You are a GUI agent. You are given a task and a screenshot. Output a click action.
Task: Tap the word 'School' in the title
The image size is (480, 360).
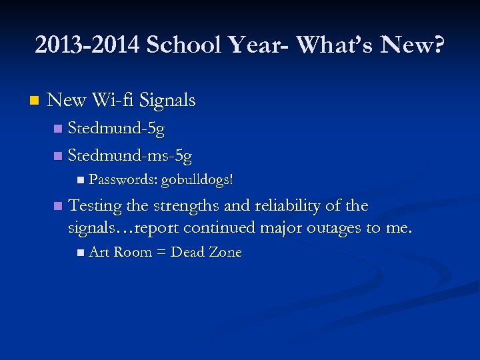(x=179, y=45)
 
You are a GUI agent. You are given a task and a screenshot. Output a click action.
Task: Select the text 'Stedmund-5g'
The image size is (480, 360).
(x=117, y=129)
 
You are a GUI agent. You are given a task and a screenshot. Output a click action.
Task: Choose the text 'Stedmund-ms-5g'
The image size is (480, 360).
(x=130, y=157)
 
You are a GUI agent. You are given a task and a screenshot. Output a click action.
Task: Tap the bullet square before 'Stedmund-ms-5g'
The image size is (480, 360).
(x=57, y=157)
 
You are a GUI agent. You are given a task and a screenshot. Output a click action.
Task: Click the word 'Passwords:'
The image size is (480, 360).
(x=123, y=179)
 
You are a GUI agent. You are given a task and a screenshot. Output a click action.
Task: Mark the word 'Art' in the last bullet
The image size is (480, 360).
(x=99, y=252)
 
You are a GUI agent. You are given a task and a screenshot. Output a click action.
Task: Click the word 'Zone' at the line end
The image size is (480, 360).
(x=225, y=252)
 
